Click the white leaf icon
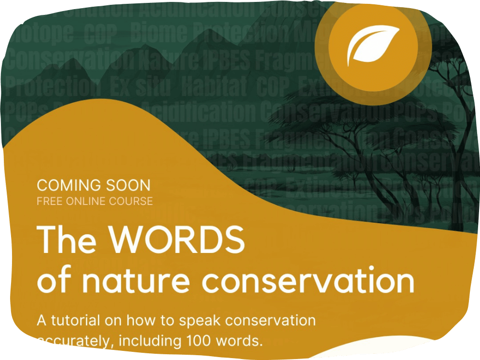[x=373, y=46]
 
